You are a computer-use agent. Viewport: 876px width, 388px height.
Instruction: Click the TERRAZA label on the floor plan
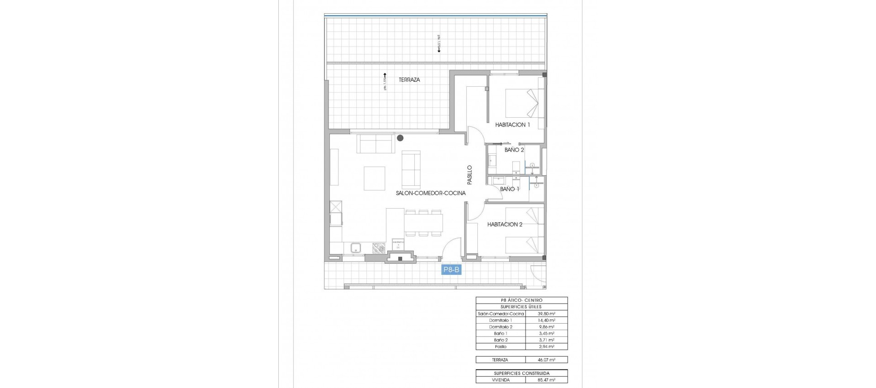409,80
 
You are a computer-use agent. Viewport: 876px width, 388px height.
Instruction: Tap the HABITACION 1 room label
512,125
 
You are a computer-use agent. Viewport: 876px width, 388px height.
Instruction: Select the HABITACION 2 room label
505,224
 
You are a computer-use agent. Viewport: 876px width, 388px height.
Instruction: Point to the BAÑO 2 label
514,150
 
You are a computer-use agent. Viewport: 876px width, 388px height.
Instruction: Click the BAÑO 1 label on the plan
509,189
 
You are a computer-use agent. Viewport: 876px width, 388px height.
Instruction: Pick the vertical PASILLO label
469,175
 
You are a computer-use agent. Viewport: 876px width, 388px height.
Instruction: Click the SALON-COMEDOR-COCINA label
431,193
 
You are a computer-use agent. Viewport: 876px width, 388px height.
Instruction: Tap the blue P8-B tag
452,270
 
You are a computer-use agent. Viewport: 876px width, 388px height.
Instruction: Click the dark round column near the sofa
400,137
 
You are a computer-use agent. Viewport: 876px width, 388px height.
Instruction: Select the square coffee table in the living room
375,178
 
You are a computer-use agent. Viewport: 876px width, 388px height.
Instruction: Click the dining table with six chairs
104,223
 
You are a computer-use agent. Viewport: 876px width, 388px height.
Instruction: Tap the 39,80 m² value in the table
546,314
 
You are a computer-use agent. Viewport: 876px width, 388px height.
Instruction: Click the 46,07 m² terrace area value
546,360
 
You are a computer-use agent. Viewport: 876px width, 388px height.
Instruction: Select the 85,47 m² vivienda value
546,380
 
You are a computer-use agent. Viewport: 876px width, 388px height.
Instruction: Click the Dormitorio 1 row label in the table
500,320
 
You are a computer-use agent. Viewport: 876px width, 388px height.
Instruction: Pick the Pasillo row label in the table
500,347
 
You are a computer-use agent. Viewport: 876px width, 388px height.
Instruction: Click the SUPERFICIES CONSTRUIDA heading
521,373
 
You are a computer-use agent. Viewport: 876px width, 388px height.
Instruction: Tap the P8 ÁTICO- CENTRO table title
521,300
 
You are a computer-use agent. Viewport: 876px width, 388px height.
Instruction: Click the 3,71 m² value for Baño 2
546,340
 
